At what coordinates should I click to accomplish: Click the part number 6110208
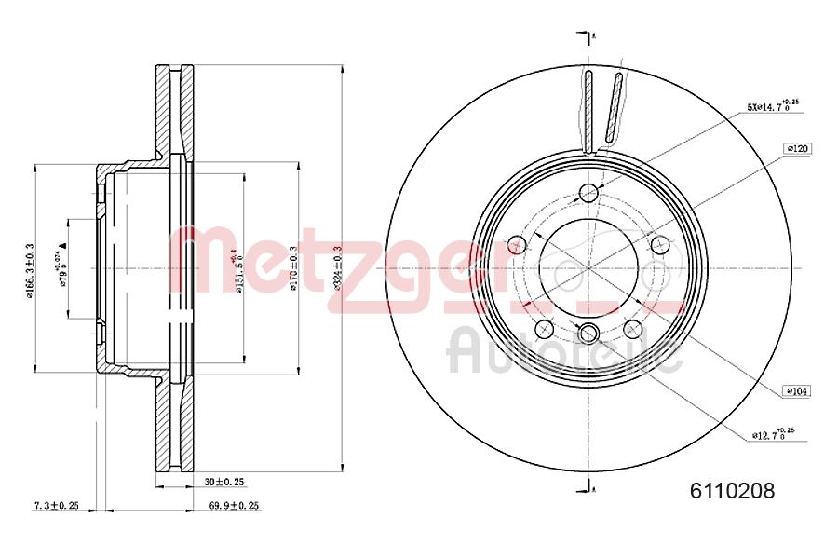pyautogui.click(x=732, y=490)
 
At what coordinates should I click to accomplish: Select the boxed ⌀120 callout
pyautogui.click(x=797, y=148)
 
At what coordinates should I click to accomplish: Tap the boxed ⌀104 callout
pyautogui.click(x=797, y=391)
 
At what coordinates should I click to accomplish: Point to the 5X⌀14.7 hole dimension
pyautogui.click(x=772, y=107)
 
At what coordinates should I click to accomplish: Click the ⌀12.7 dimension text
pyautogui.click(x=773, y=434)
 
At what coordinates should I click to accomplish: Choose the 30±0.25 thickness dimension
pyautogui.click(x=223, y=482)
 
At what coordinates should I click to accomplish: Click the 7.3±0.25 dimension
pyautogui.click(x=56, y=505)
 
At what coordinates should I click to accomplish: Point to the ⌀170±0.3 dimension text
pyautogui.click(x=292, y=268)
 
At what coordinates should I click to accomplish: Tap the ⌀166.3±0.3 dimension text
pyautogui.click(x=30, y=270)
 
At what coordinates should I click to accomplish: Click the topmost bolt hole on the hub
pyautogui.click(x=588, y=193)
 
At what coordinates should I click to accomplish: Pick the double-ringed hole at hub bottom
pyautogui.click(x=588, y=334)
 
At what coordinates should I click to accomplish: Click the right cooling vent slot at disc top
pyautogui.click(x=614, y=107)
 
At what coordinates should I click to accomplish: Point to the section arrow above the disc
pyautogui.click(x=587, y=36)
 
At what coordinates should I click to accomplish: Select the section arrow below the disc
pyautogui.click(x=587, y=484)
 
